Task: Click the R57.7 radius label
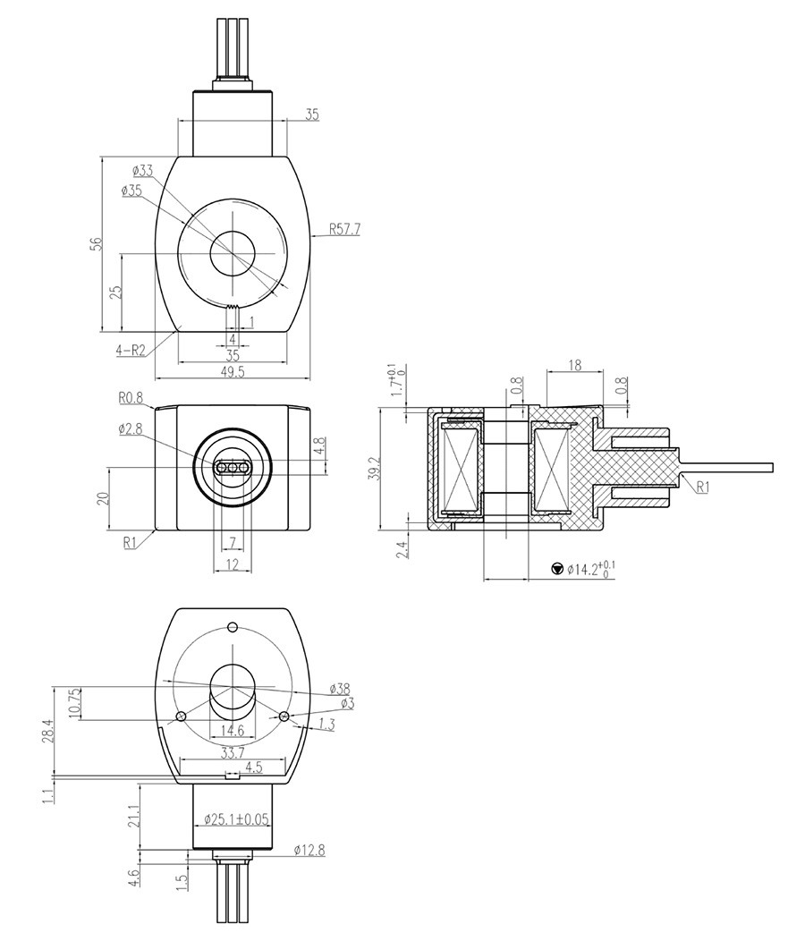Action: (x=344, y=229)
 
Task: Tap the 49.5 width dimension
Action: (x=233, y=371)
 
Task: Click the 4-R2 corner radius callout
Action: (x=131, y=350)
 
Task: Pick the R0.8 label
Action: (x=131, y=396)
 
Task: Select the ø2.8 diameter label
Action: (x=131, y=428)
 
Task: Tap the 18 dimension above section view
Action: (x=574, y=365)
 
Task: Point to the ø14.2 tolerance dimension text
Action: (x=592, y=568)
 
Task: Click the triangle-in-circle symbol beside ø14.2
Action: (x=557, y=568)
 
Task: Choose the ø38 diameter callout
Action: (x=340, y=689)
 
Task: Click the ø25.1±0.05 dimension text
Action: (x=236, y=818)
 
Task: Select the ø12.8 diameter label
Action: (x=309, y=850)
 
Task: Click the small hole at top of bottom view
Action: (x=233, y=627)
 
